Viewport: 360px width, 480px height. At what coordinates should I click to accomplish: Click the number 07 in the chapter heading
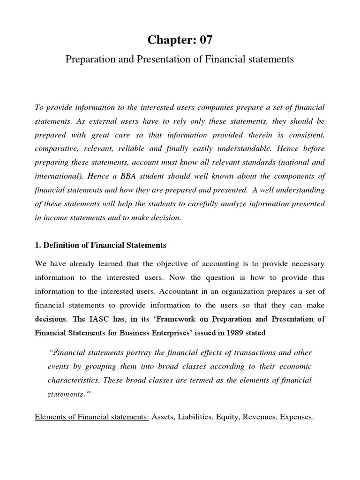203,40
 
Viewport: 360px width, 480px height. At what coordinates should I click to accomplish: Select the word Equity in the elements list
230,416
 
